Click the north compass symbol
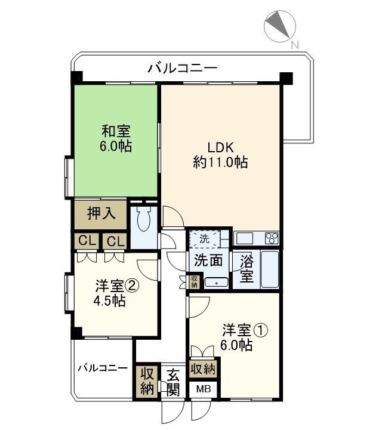280,26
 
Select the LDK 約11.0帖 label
220,154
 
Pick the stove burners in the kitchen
271,238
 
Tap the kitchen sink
244,238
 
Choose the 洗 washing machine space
204,238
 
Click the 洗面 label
208,260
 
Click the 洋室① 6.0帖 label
237,337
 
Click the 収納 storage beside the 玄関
147,382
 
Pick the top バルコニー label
183,67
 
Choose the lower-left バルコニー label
102,367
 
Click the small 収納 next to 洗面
194,281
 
